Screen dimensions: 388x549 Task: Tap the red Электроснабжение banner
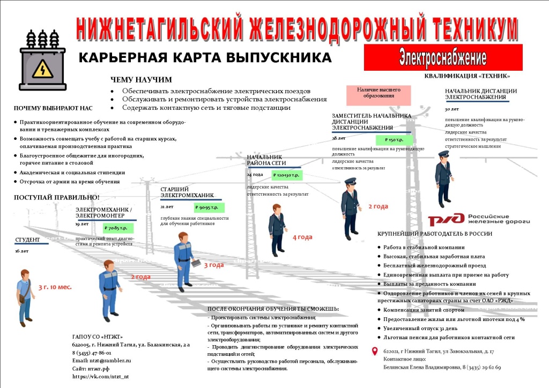click(443, 57)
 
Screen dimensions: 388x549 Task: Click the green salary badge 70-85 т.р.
click(119, 228)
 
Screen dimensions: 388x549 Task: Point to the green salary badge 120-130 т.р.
click(287, 175)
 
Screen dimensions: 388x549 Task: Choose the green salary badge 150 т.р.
click(395, 140)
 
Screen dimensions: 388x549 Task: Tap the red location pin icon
click(375, 352)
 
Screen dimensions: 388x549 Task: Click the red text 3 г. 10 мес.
click(55, 287)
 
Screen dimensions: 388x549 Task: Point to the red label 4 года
click(302, 237)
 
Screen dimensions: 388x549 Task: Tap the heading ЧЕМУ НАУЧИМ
click(141, 80)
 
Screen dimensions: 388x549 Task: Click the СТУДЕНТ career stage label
click(28, 240)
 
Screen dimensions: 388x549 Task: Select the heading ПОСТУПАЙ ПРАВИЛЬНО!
click(56, 198)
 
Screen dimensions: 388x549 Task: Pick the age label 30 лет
click(452, 109)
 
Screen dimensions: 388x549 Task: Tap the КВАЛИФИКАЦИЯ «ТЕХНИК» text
click(467, 76)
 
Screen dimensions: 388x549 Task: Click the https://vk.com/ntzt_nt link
click(100, 377)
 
